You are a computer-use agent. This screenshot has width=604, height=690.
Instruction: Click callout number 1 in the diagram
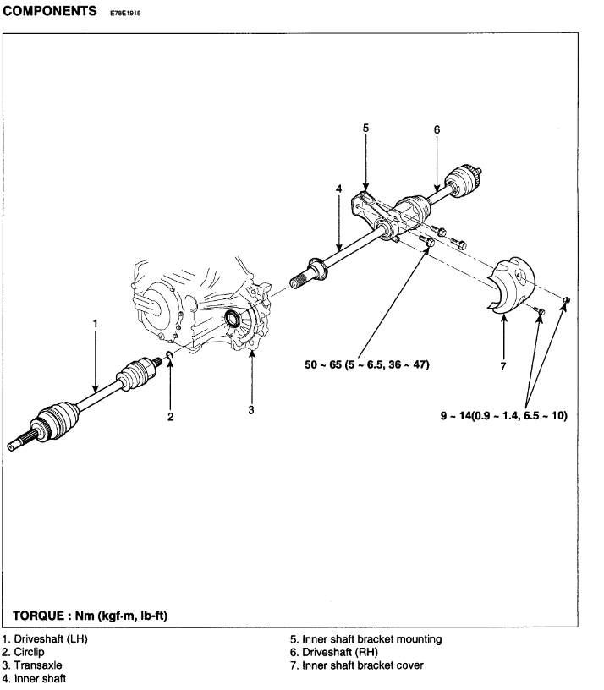(x=96, y=322)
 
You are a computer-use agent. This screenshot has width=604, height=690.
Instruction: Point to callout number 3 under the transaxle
(x=251, y=410)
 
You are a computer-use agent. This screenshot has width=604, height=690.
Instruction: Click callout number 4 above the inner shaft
(x=338, y=189)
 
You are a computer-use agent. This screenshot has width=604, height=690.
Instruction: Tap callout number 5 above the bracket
(x=365, y=129)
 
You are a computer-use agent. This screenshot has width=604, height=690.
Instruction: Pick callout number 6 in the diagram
(x=437, y=129)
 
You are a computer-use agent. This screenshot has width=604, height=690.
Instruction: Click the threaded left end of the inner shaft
(x=302, y=277)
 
